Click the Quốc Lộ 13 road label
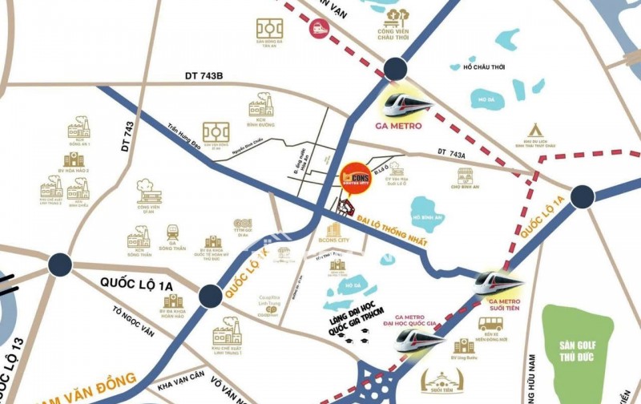coord(10,365)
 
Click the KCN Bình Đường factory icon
coord(260,105)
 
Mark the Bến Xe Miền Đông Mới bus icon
coord(490,323)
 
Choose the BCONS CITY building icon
coord(333,230)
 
